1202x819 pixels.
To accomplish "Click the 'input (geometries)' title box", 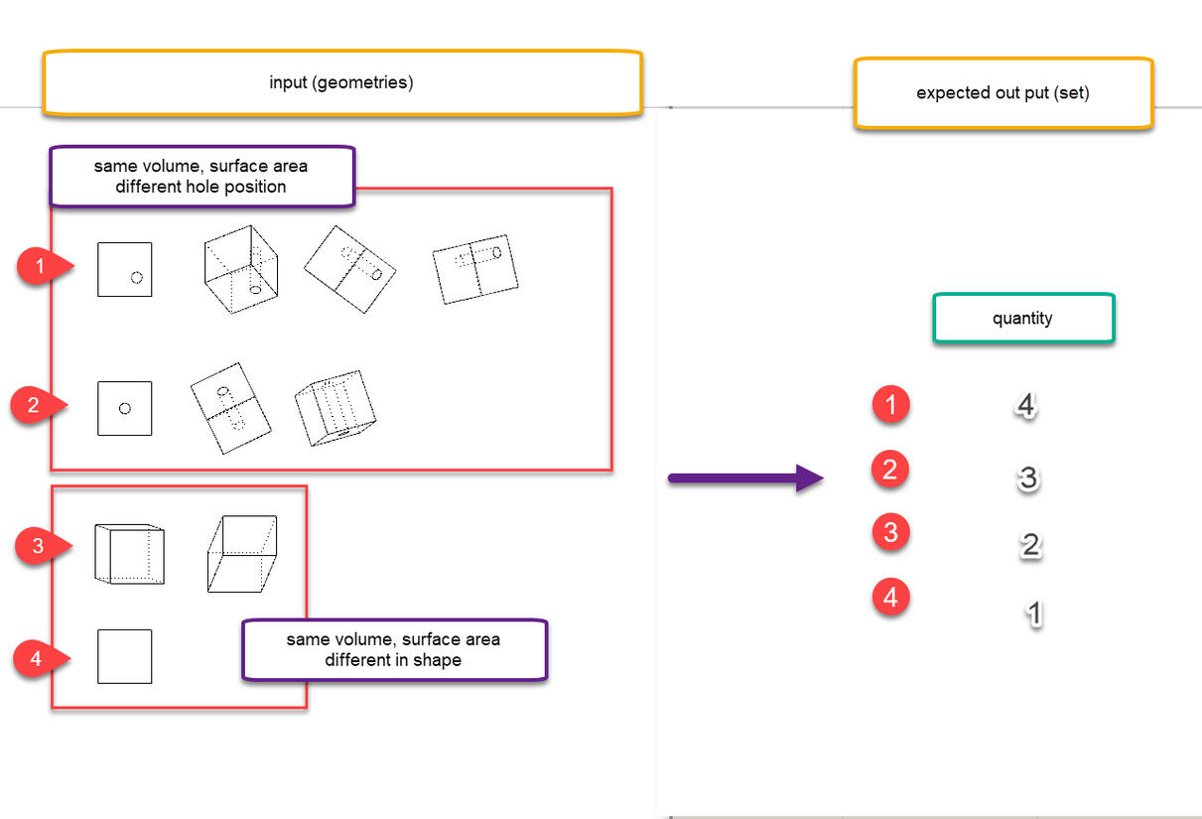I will (341, 83).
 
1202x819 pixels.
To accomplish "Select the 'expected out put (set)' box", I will (1002, 93).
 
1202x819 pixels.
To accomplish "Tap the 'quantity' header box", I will (1022, 319).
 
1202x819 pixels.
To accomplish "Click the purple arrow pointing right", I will (745, 479).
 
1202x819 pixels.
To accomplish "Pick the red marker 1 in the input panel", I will (41, 267).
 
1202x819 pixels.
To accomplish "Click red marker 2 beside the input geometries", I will (34, 405).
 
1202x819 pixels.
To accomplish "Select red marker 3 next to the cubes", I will (39, 546).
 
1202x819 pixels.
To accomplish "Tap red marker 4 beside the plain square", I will (36, 657).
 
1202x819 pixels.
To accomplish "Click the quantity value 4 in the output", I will (1026, 406).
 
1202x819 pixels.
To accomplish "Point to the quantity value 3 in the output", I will (1028, 478).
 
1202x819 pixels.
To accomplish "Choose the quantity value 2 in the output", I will (1030, 545).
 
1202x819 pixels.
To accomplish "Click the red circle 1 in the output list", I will (890, 405).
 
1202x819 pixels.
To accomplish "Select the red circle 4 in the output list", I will (890, 598).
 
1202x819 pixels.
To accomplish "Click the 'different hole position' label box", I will (201, 177).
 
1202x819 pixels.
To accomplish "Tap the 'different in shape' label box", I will (394, 650).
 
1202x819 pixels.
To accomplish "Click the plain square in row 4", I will (125, 656).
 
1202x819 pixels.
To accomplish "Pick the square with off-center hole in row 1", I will (125, 269).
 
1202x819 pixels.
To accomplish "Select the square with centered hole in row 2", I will (125, 408).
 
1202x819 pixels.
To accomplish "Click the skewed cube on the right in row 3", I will (242, 553).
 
